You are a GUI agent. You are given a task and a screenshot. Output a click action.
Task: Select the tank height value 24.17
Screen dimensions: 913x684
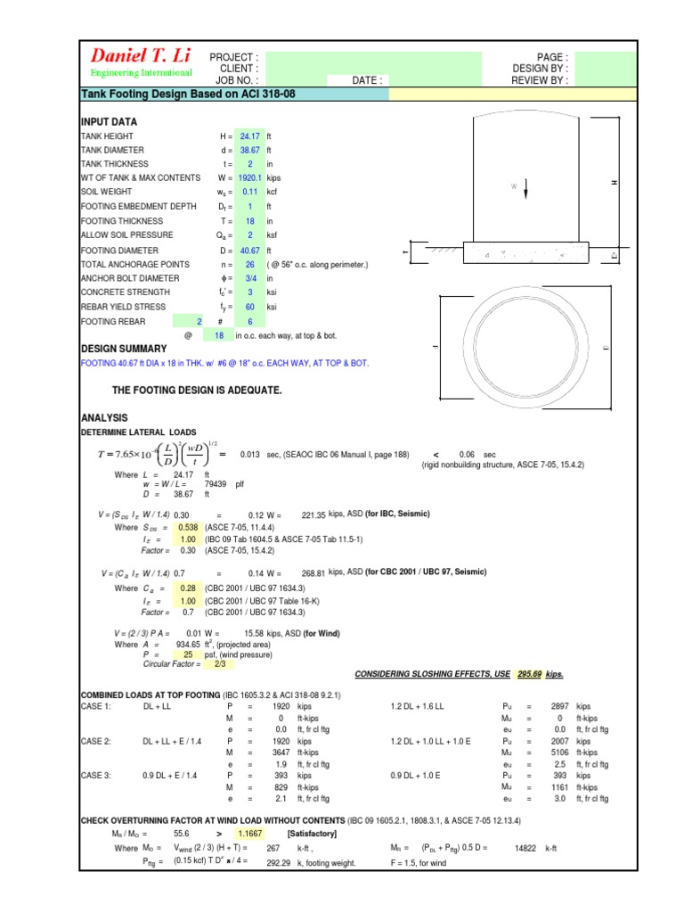pyautogui.click(x=248, y=136)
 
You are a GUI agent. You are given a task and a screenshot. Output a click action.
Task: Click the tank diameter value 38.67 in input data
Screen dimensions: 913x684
pyautogui.click(x=248, y=151)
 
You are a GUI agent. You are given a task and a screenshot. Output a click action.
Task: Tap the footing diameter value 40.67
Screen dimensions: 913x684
pyautogui.click(x=248, y=251)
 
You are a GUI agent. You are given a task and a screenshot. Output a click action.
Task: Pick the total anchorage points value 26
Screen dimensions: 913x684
pyautogui.click(x=248, y=265)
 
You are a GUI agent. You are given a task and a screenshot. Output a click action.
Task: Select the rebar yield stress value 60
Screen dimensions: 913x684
pyautogui.click(x=248, y=307)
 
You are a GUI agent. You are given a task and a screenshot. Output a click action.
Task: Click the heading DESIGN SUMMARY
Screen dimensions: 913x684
pyautogui.click(x=124, y=349)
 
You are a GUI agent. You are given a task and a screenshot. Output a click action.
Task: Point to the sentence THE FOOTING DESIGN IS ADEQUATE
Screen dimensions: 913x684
pyautogui.click(x=197, y=391)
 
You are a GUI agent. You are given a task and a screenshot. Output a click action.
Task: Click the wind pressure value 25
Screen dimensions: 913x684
pyautogui.click(x=187, y=654)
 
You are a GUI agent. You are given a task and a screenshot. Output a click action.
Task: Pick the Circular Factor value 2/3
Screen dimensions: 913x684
pyautogui.click(x=194, y=664)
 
